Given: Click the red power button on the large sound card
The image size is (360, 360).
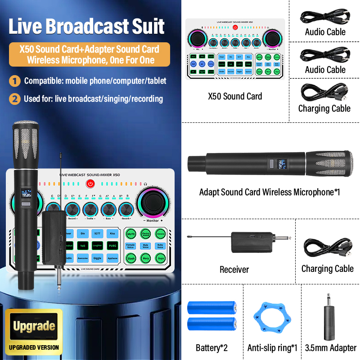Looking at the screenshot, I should [90, 184].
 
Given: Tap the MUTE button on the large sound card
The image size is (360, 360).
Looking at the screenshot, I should [131, 234].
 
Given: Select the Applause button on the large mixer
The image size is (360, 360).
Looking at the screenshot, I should [112, 258].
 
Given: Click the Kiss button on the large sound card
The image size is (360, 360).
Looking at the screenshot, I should [112, 234].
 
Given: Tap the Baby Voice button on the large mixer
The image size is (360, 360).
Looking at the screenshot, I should [160, 246].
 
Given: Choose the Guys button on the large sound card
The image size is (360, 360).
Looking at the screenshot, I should [160, 258].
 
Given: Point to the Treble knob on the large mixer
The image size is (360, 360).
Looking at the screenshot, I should [90, 209].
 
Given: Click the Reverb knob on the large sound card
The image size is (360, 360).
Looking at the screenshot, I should [126, 209].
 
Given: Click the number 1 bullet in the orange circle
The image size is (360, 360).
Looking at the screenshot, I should [16, 81].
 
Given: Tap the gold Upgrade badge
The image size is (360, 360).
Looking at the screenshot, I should [34, 326].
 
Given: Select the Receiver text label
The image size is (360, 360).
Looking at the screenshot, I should [234, 270].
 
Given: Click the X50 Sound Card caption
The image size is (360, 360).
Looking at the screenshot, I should [235, 96].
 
